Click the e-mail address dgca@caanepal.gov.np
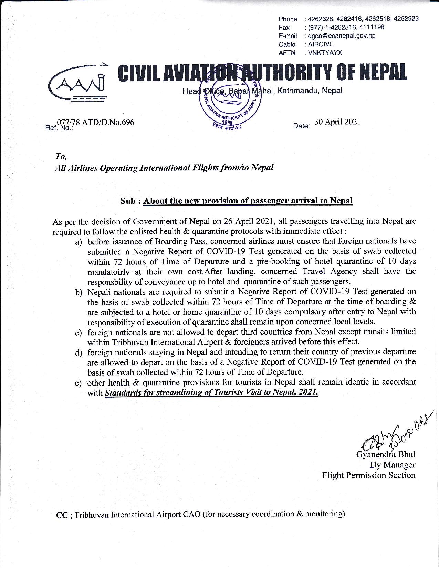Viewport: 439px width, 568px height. click(342, 36)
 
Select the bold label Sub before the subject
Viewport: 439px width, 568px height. click(128, 201)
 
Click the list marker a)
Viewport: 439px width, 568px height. click(79, 242)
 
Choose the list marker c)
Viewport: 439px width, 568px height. click(79, 333)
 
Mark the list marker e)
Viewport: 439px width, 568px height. click(79, 383)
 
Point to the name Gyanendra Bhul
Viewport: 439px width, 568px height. click(386, 454)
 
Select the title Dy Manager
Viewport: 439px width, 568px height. click(393, 465)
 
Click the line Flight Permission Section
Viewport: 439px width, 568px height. click(369, 475)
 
